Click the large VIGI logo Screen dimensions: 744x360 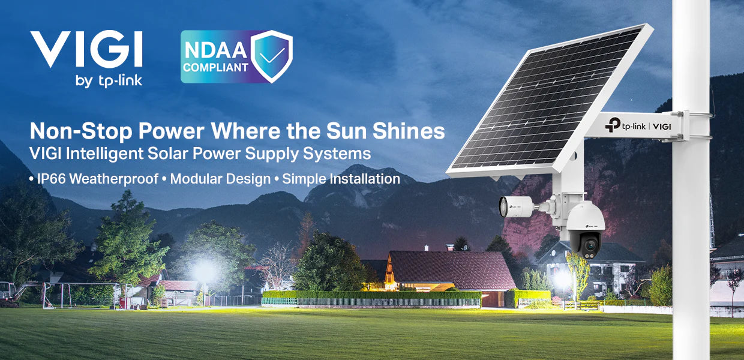click(x=86, y=49)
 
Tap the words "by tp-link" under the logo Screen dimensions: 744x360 click(x=109, y=81)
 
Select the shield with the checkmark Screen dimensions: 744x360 click(x=271, y=56)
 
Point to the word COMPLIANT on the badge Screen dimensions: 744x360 click(x=215, y=68)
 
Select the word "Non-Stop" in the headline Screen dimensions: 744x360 click(x=81, y=131)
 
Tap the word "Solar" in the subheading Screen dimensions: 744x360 click(x=168, y=154)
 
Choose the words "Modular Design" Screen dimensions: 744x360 click(x=220, y=179)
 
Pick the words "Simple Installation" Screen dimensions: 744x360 click(x=341, y=179)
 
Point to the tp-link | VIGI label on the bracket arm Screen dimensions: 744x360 click(x=638, y=126)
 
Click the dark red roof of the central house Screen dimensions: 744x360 click(x=452, y=269)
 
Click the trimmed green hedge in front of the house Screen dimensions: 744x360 click(x=371, y=295)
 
